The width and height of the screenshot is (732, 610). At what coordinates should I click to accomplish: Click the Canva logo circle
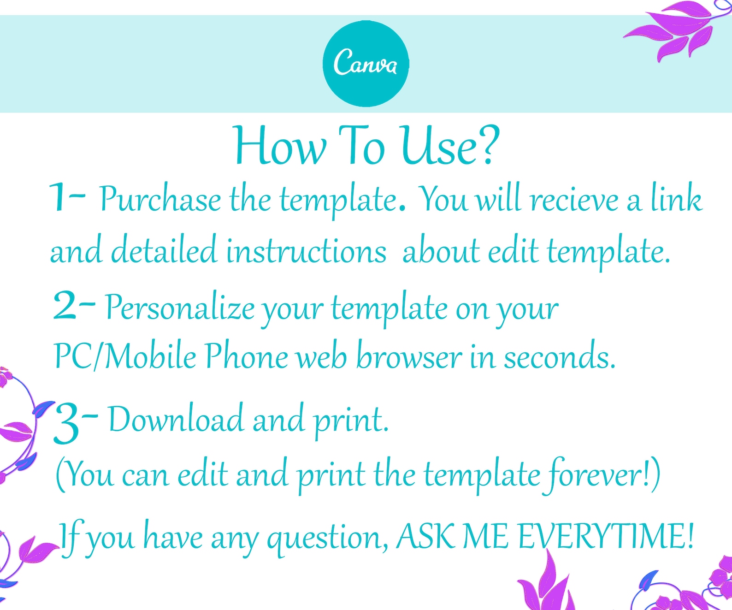tap(366, 64)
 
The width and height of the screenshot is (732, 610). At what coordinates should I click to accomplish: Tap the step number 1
tap(59, 197)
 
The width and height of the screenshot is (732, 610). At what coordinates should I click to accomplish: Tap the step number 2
tap(65, 306)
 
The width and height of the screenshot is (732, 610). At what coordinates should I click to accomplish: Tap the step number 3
tap(66, 423)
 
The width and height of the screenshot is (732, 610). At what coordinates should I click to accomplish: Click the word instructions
tap(306, 252)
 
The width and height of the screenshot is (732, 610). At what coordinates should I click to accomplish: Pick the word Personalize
tap(180, 308)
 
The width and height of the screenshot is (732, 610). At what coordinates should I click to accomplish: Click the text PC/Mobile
tap(125, 356)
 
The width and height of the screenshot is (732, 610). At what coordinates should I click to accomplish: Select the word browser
tap(409, 357)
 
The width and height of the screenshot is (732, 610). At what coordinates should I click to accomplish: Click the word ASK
tap(426, 537)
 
